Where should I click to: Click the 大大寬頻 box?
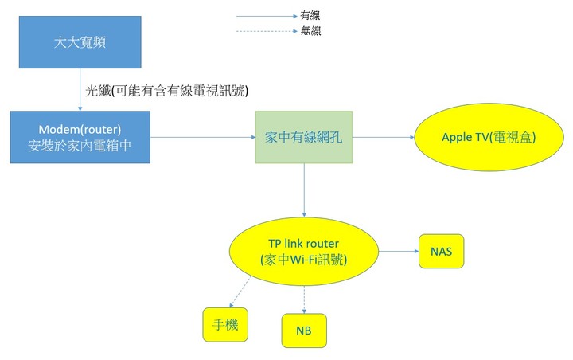click(80, 42)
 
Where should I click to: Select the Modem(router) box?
click(80, 137)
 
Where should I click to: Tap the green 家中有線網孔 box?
click(304, 137)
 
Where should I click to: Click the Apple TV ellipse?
click(489, 137)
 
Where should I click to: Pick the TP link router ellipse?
click(304, 252)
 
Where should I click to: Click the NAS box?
click(442, 252)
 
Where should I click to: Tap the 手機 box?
click(225, 325)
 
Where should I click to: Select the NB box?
click(304, 331)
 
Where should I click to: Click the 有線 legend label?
click(310, 15)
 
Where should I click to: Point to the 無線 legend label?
click(310, 31)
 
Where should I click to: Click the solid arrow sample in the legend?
click(267, 16)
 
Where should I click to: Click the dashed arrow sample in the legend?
click(267, 31)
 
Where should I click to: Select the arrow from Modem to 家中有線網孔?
click(203, 137)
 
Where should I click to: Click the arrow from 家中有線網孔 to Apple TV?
click(384, 137)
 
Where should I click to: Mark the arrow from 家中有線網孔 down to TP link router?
click(304, 190)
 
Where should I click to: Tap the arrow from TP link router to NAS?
click(399, 252)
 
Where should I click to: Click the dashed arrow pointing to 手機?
click(240, 292)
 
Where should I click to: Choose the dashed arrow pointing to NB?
click(304, 300)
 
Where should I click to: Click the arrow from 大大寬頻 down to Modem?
click(80, 90)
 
